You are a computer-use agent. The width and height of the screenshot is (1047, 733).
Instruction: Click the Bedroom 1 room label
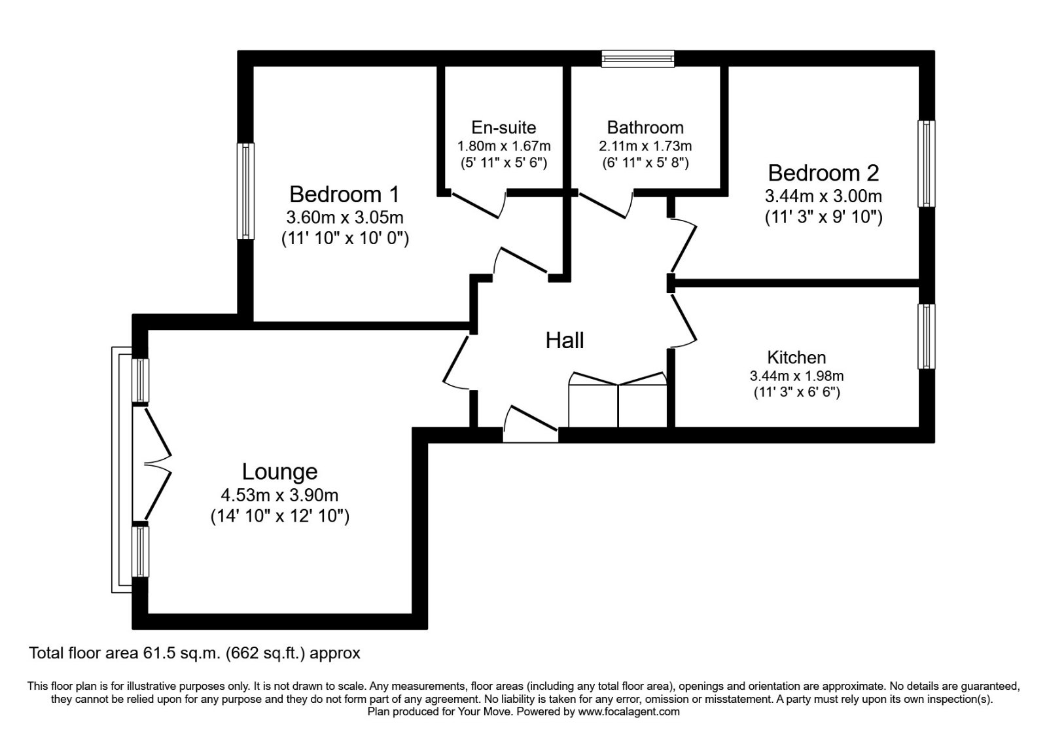[x=344, y=194]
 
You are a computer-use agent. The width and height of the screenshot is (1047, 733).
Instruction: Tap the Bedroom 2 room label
[x=823, y=173]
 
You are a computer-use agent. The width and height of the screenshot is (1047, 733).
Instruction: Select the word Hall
[x=565, y=340]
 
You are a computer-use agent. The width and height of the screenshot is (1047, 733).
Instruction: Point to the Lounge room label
[x=279, y=471]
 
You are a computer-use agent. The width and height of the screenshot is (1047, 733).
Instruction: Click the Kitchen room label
[x=796, y=357]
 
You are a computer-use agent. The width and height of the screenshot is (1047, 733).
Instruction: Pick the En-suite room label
[x=503, y=127]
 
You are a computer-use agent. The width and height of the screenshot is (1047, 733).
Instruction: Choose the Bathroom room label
[x=645, y=127]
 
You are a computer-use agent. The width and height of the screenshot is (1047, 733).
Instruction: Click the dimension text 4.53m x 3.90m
[x=279, y=495]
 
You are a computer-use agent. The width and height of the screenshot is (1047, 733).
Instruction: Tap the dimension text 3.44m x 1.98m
[x=796, y=376]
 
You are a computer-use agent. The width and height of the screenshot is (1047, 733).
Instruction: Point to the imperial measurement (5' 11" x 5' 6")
[x=503, y=162]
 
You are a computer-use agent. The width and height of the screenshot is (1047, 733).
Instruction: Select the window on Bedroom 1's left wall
[x=245, y=191]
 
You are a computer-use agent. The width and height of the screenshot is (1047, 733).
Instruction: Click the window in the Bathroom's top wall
[x=638, y=60]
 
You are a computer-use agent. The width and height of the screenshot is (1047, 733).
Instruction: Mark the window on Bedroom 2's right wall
[x=927, y=164]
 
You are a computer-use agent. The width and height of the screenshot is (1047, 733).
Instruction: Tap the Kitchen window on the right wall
[x=927, y=336]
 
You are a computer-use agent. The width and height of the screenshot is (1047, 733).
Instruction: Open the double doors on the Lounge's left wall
[x=157, y=465]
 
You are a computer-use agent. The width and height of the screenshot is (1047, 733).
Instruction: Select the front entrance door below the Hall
[x=531, y=424]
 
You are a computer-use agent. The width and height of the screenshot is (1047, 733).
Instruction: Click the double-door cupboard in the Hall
[x=618, y=401]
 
